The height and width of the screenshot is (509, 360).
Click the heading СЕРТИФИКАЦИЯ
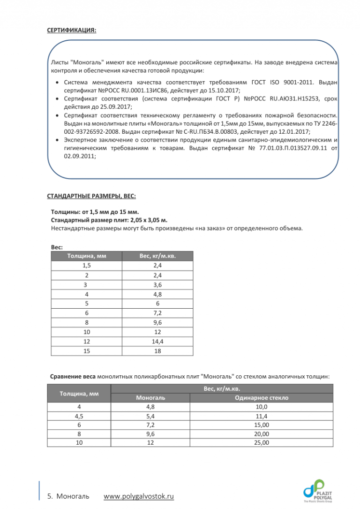(72, 30)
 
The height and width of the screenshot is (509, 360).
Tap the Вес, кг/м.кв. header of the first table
(157, 256)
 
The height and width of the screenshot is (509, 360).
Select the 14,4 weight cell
(157, 342)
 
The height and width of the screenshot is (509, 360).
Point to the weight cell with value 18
(157, 351)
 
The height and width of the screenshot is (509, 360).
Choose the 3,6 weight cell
(157, 284)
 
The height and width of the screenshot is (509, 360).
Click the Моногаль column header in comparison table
(150, 398)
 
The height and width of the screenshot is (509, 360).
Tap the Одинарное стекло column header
(261, 398)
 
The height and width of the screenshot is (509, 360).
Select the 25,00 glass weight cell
(261, 442)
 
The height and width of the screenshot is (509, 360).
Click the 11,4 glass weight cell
(261, 416)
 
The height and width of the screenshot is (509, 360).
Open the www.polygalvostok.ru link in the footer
(138, 496)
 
